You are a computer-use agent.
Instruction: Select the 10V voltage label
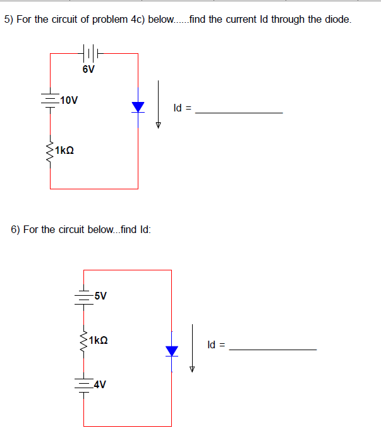pyautogui.click(x=68, y=100)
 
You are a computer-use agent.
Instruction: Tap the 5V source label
pyautogui.click(x=99, y=296)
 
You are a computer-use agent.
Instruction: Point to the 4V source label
pyautogui.click(x=99, y=384)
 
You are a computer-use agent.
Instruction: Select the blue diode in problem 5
pyautogui.click(x=138, y=107)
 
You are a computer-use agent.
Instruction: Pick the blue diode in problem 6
pyautogui.click(x=172, y=350)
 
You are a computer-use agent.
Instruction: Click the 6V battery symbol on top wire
pyautogui.click(x=88, y=54)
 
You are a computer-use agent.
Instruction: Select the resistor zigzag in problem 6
pyautogui.click(x=83, y=341)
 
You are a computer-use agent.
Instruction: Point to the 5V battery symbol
pyautogui.click(x=83, y=296)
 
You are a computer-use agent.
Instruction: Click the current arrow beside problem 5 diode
pyautogui.click(x=159, y=104)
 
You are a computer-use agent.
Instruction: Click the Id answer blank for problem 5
pyautogui.click(x=239, y=112)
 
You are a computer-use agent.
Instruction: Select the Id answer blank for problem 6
pyautogui.click(x=272, y=349)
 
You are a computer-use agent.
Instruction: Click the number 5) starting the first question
pyautogui.click(x=9, y=20)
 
